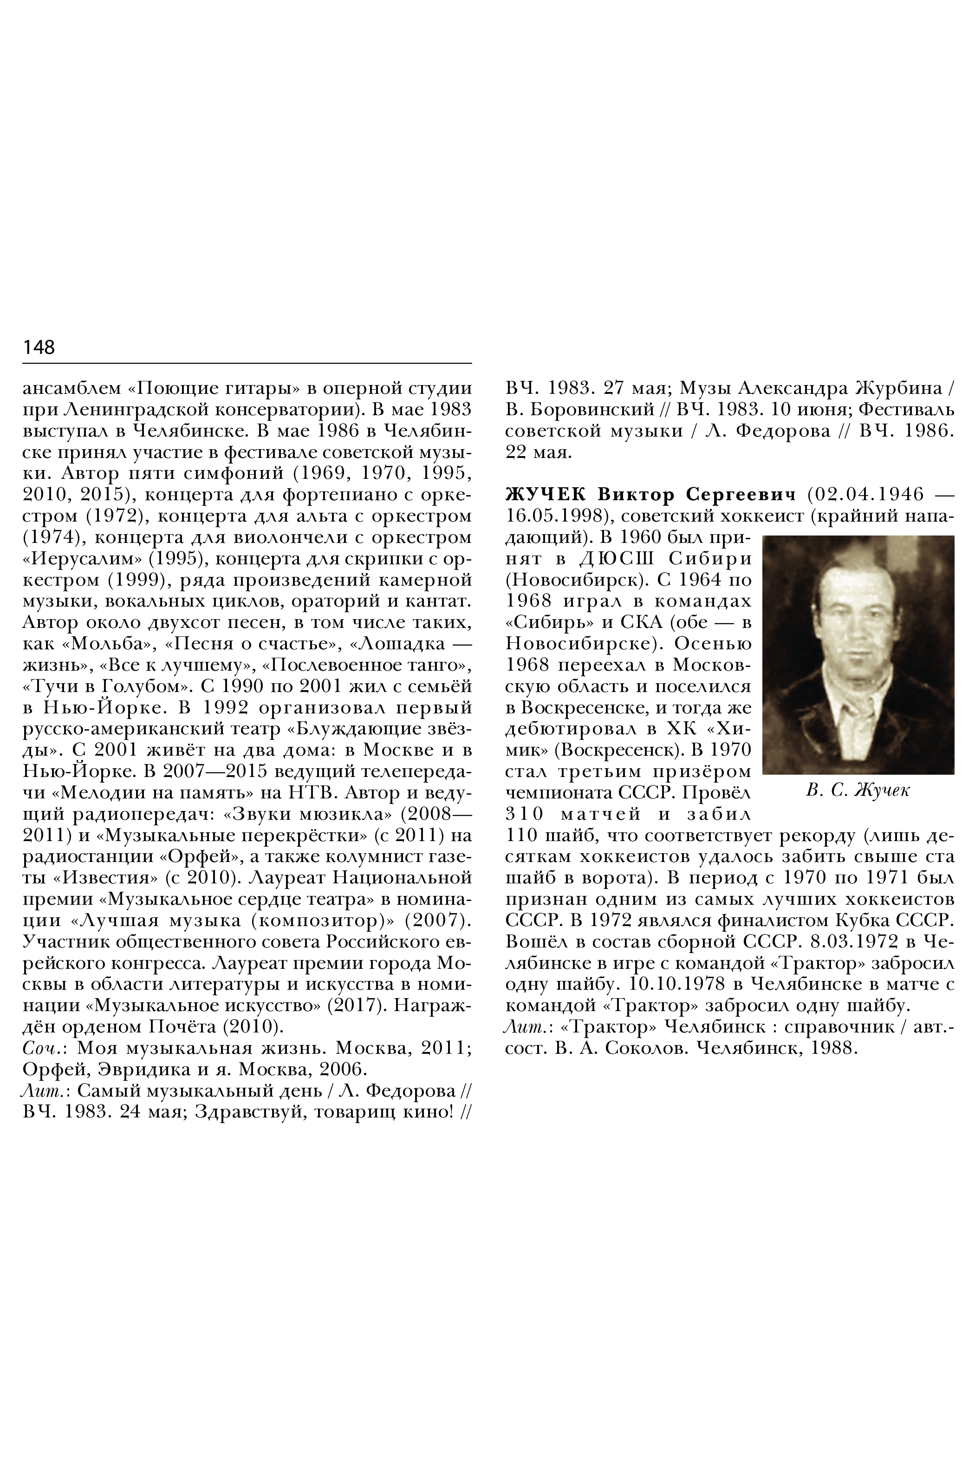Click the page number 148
click(39, 347)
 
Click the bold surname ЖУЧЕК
click(546, 495)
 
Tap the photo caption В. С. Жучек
click(858, 790)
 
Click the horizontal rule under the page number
click(247, 363)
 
